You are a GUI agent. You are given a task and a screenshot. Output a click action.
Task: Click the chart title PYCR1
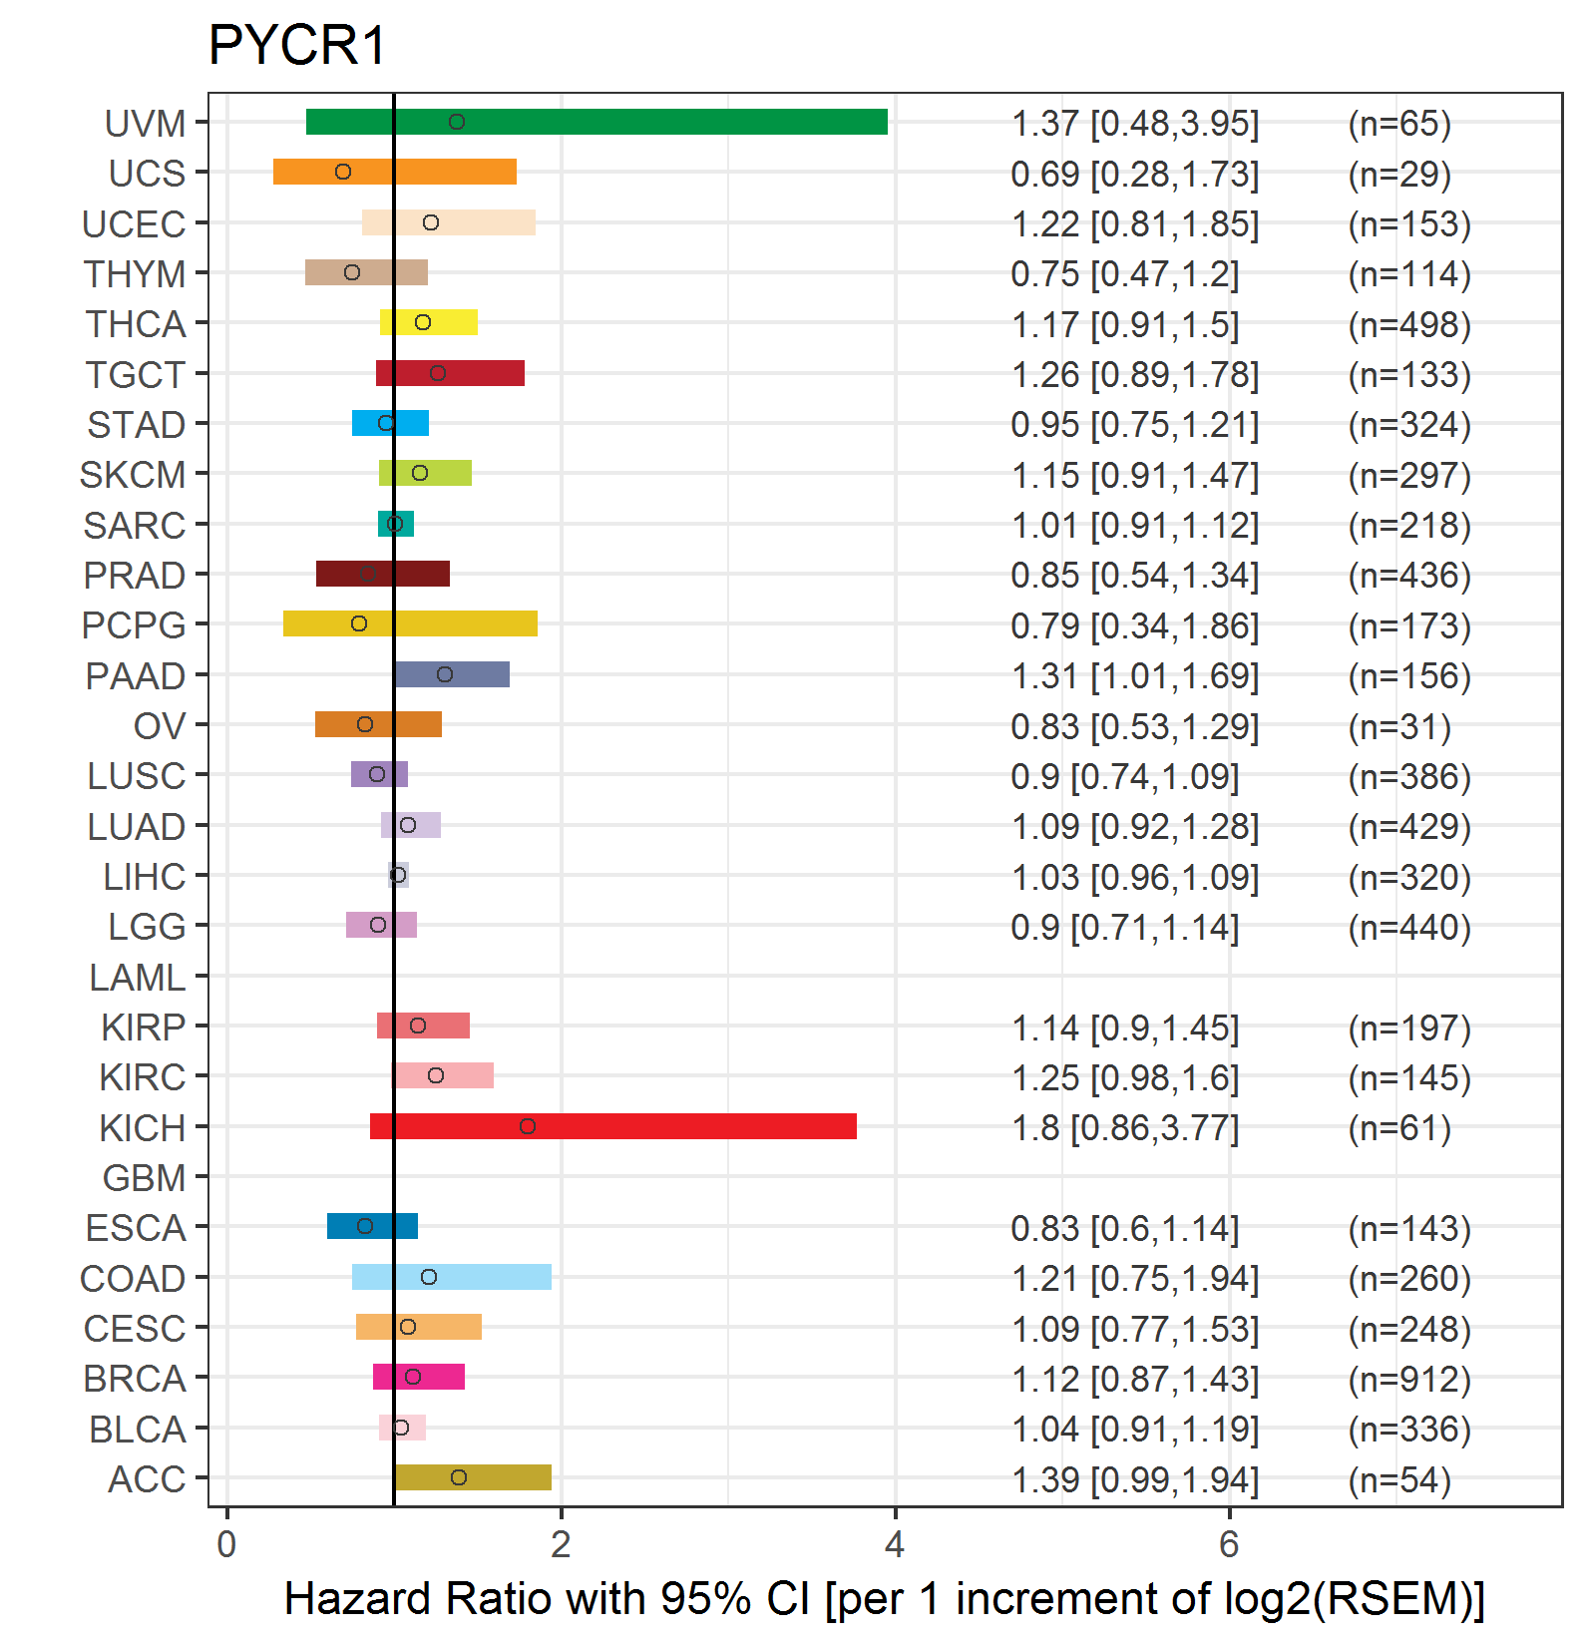296,45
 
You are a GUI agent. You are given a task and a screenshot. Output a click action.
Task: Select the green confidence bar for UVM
596,122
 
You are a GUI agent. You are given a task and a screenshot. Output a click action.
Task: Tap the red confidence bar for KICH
613,1126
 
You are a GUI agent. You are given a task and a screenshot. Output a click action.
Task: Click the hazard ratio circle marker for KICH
528,1126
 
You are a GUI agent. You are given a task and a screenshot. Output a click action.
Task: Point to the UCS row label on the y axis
147,174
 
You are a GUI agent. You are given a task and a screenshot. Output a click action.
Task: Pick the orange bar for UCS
395,172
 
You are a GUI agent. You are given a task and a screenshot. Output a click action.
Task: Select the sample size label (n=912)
1409,1379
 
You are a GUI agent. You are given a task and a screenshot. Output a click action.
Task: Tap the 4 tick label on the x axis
895,1544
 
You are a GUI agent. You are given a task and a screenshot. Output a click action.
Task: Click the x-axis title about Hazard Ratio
885,1598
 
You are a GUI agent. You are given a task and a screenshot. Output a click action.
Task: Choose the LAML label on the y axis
137,978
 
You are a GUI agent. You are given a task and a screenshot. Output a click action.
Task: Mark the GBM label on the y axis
144,1178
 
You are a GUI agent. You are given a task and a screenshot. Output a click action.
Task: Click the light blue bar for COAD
452,1277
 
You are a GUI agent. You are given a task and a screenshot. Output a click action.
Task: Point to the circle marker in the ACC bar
459,1477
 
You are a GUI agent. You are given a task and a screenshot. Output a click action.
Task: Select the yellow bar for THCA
429,322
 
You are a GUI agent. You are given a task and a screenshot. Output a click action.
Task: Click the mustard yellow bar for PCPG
410,623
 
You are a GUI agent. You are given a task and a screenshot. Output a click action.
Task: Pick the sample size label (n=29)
1399,174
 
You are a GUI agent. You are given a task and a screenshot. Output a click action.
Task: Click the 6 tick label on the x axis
1229,1544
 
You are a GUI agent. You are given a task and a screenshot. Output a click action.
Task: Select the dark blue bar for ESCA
372,1226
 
